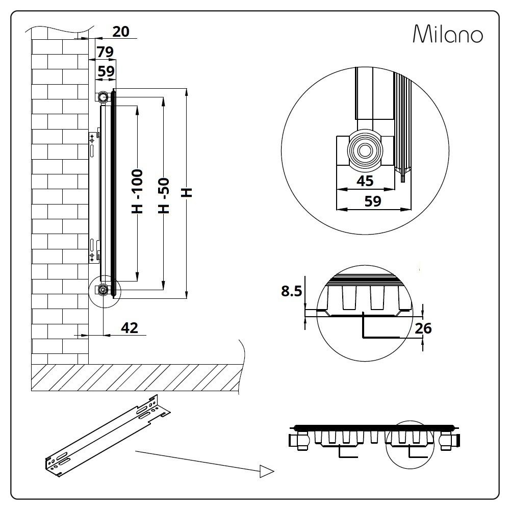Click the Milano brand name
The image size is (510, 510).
point(448,34)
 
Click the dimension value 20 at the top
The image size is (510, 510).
point(120,32)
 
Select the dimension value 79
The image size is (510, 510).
point(106,52)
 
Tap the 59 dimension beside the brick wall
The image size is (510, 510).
point(106,71)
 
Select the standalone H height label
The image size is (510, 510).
point(187,192)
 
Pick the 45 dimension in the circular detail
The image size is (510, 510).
point(365,180)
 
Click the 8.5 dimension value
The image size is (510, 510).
point(292,291)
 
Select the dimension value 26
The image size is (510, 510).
point(423,328)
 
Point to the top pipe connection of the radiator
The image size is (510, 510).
point(104,96)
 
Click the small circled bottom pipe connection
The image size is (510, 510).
point(104,291)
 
